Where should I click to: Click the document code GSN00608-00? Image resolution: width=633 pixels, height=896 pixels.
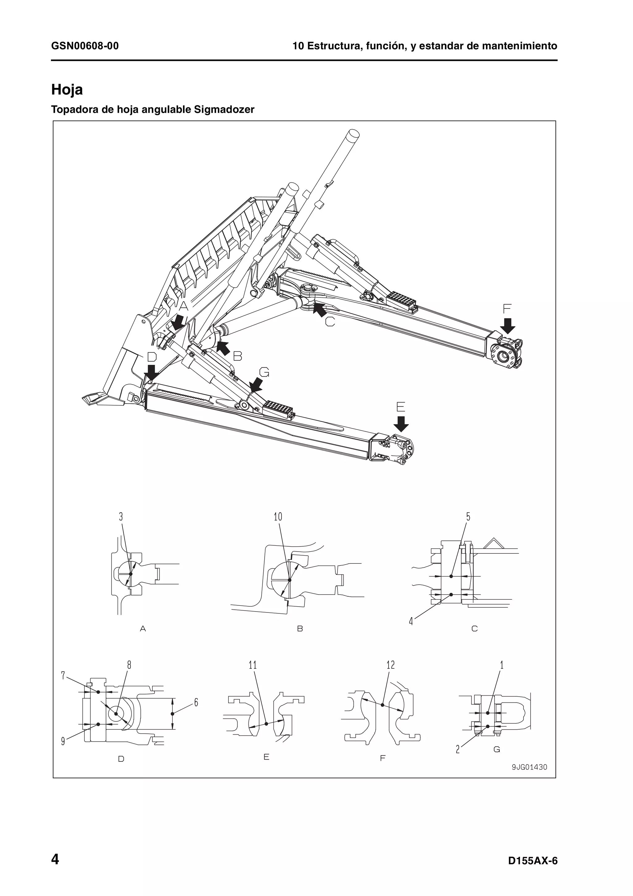pyautogui.click(x=85, y=46)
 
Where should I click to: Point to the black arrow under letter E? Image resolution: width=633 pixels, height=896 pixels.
pyautogui.click(x=401, y=423)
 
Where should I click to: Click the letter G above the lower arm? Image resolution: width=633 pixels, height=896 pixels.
pyautogui.click(x=264, y=373)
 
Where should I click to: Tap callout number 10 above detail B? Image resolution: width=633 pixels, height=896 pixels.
pyautogui.click(x=278, y=517)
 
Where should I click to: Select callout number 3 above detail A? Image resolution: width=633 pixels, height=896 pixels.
pyautogui.click(x=121, y=517)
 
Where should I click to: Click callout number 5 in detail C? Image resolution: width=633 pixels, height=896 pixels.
pyautogui.click(x=468, y=517)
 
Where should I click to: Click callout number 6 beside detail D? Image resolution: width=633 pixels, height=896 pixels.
pyautogui.click(x=196, y=703)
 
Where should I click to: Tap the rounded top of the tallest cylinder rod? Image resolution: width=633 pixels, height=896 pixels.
pyautogui.click(x=353, y=134)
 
